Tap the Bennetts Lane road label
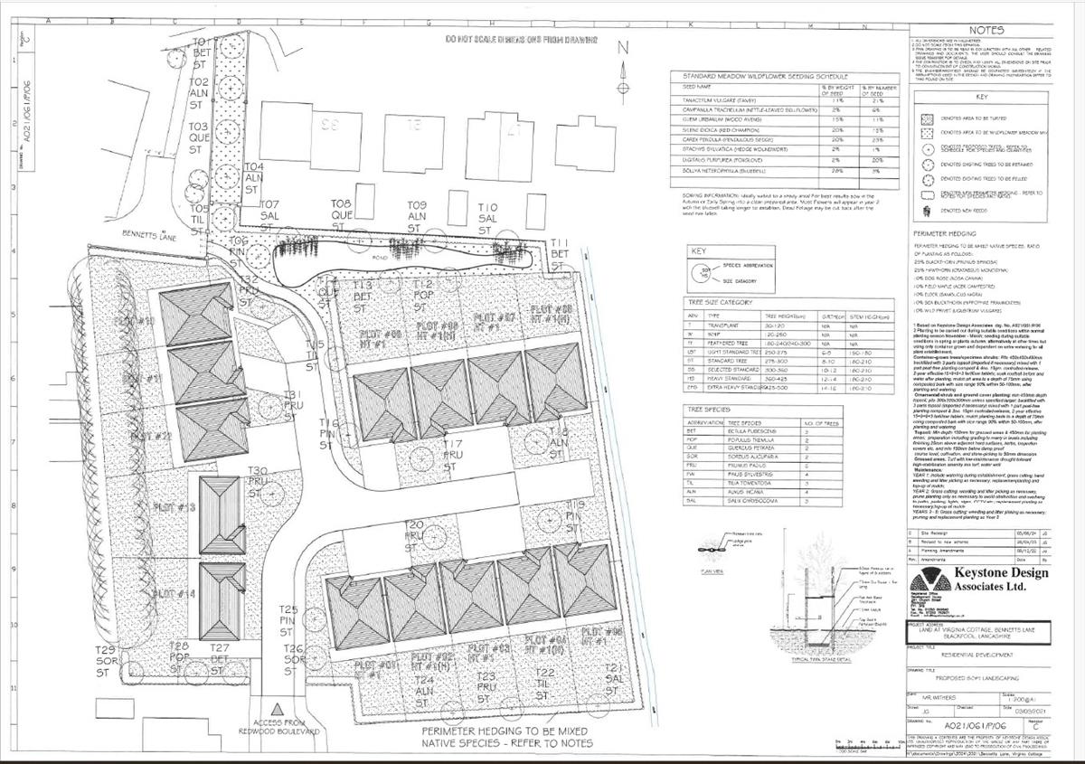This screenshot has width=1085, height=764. pos(150,235)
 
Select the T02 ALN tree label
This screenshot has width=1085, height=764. pos(200,93)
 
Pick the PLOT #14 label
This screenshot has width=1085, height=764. pos(175,594)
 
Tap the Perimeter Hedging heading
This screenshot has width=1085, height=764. pos(945,232)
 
